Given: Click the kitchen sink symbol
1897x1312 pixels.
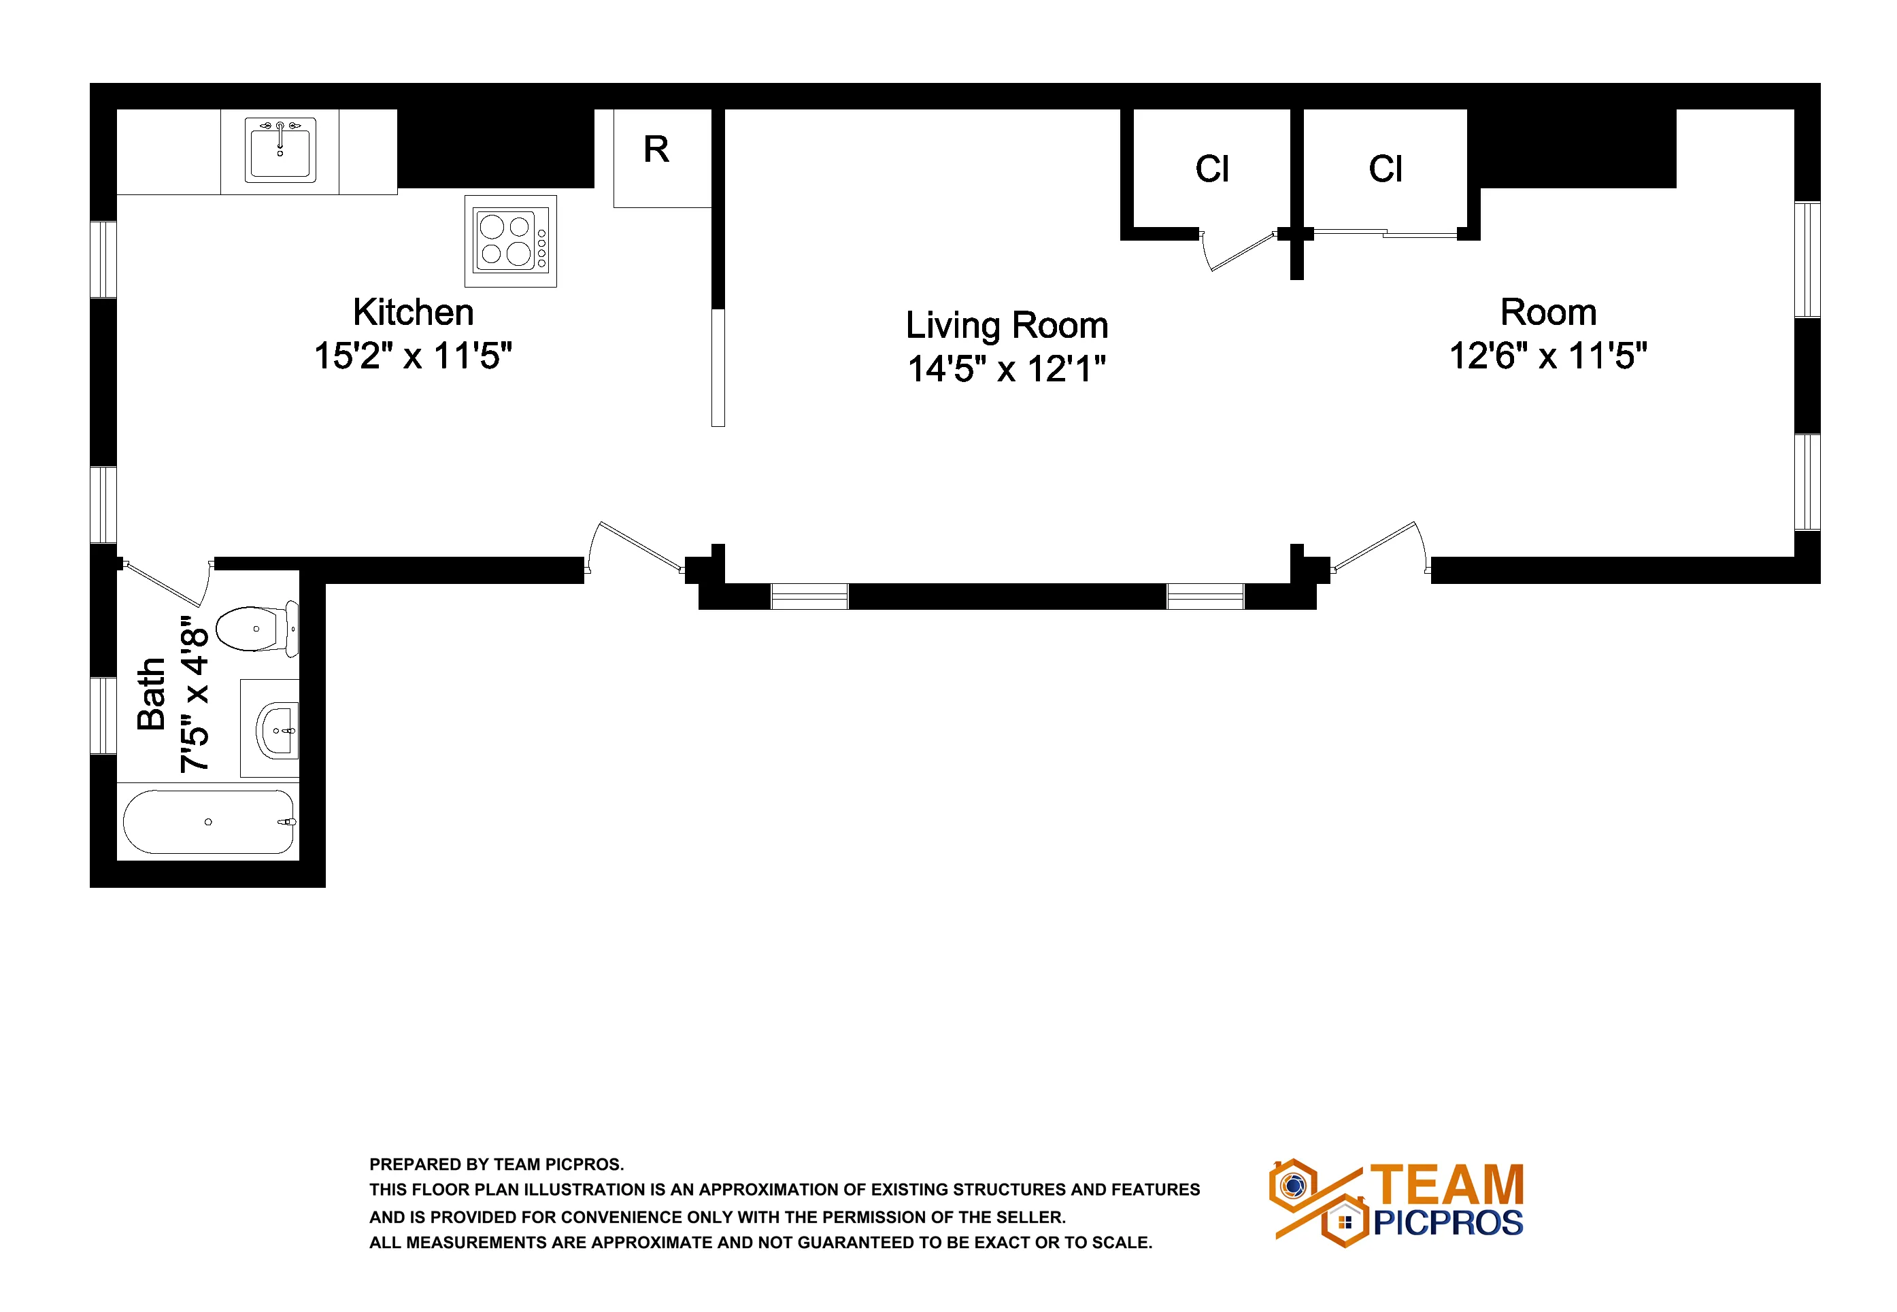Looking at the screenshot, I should pyautogui.click(x=280, y=150).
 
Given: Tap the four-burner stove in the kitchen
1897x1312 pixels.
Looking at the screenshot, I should pyautogui.click(x=510, y=241).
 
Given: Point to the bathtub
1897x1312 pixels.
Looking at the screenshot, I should pyautogui.click(x=208, y=821).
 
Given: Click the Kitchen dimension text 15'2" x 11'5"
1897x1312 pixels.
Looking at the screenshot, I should pyautogui.click(x=413, y=356).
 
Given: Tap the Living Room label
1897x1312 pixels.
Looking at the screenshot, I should pyautogui.click(x=1007, y=326).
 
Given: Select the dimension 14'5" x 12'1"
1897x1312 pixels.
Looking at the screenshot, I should pyautogui.click(x=1007, y=369).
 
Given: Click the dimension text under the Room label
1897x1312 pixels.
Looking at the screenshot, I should pyautogui.click(x=1547, y=356).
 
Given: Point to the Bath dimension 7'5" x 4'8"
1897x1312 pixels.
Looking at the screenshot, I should pyautogui.click(x=195, y=695).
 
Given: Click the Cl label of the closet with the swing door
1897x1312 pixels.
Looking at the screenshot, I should pyautogui.click(x=1212, y=169).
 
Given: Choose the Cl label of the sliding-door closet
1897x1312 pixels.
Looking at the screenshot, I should pyautogui.click(x=1386, y=169).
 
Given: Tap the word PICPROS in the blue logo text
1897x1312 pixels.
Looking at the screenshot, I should pyautogui.click(x=1448, y=1223).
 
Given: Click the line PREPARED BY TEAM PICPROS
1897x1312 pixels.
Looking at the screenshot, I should pyautogui.click(x=496, y=1164).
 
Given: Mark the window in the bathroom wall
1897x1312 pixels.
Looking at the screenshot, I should pyautogui.click(x=103, y=715).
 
